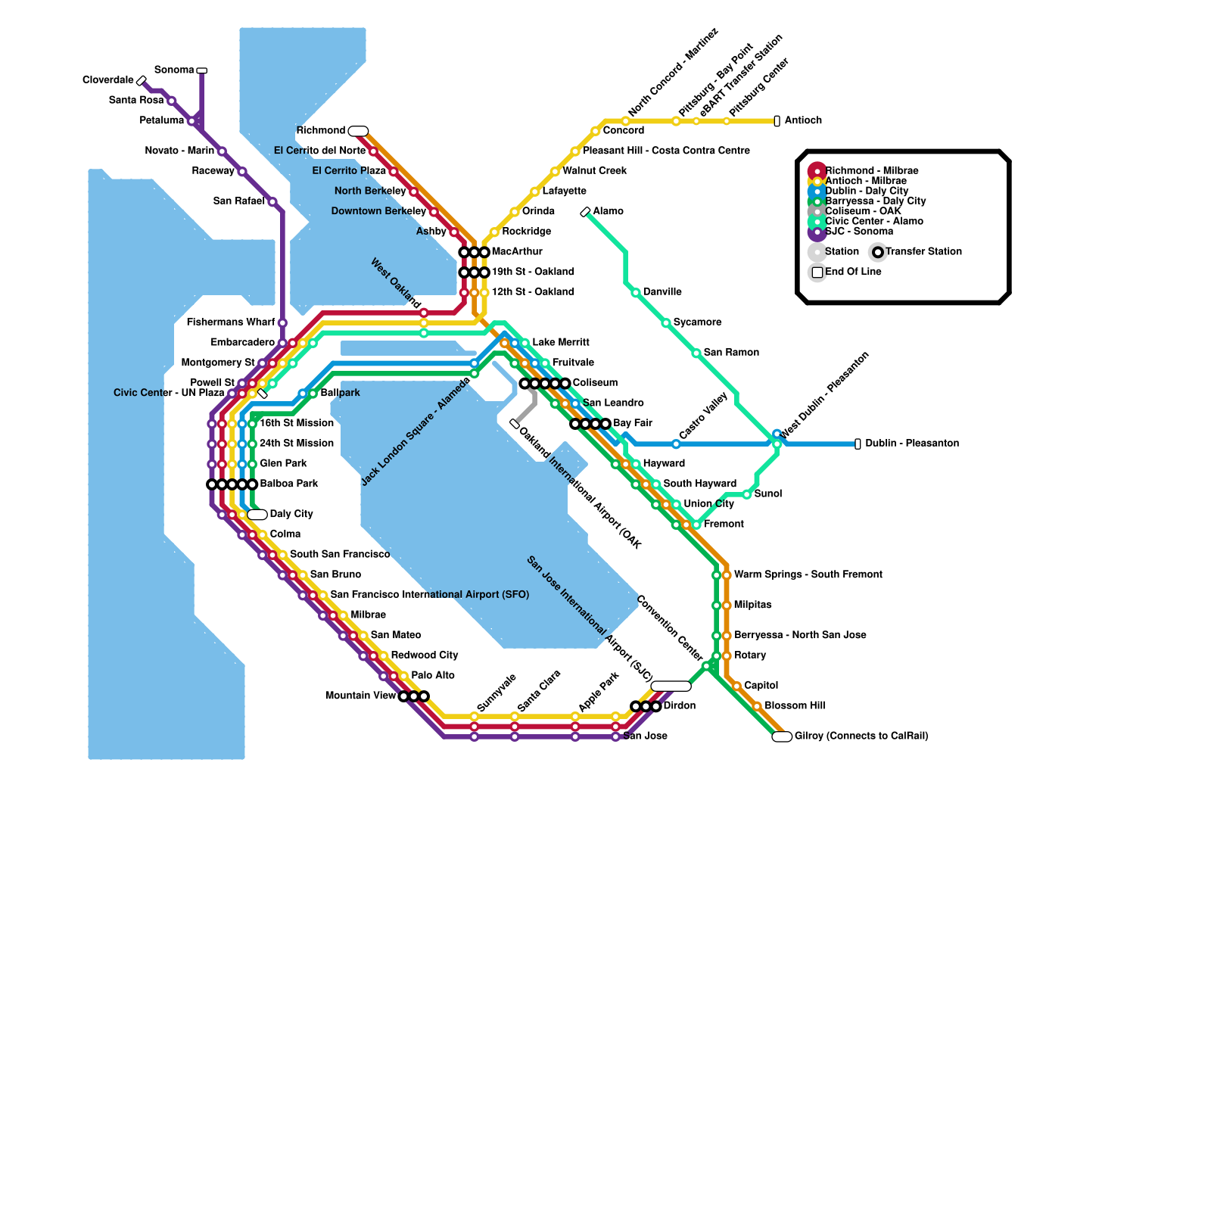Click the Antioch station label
pos(803,120)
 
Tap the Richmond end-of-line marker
pos(358,131)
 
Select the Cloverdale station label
pos(107,80)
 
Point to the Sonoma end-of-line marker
pos(201,70)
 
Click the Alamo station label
pos(608,211)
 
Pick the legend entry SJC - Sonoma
pos(859,232)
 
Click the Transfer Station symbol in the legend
pos(878,252)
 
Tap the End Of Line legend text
pos(853,272)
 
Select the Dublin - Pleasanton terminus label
pos(912,444)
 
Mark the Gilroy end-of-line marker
pos(782,736)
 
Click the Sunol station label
pos(768,494)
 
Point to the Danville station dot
pos(636,292)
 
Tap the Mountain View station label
pos(360,696)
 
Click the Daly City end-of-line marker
pos(257,515)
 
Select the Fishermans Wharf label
pos(231,322)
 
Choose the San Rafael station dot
pos(272,201)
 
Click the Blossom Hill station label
pos(795,706)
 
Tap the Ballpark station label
pos(340,394)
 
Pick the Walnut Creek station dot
pos(555,172)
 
